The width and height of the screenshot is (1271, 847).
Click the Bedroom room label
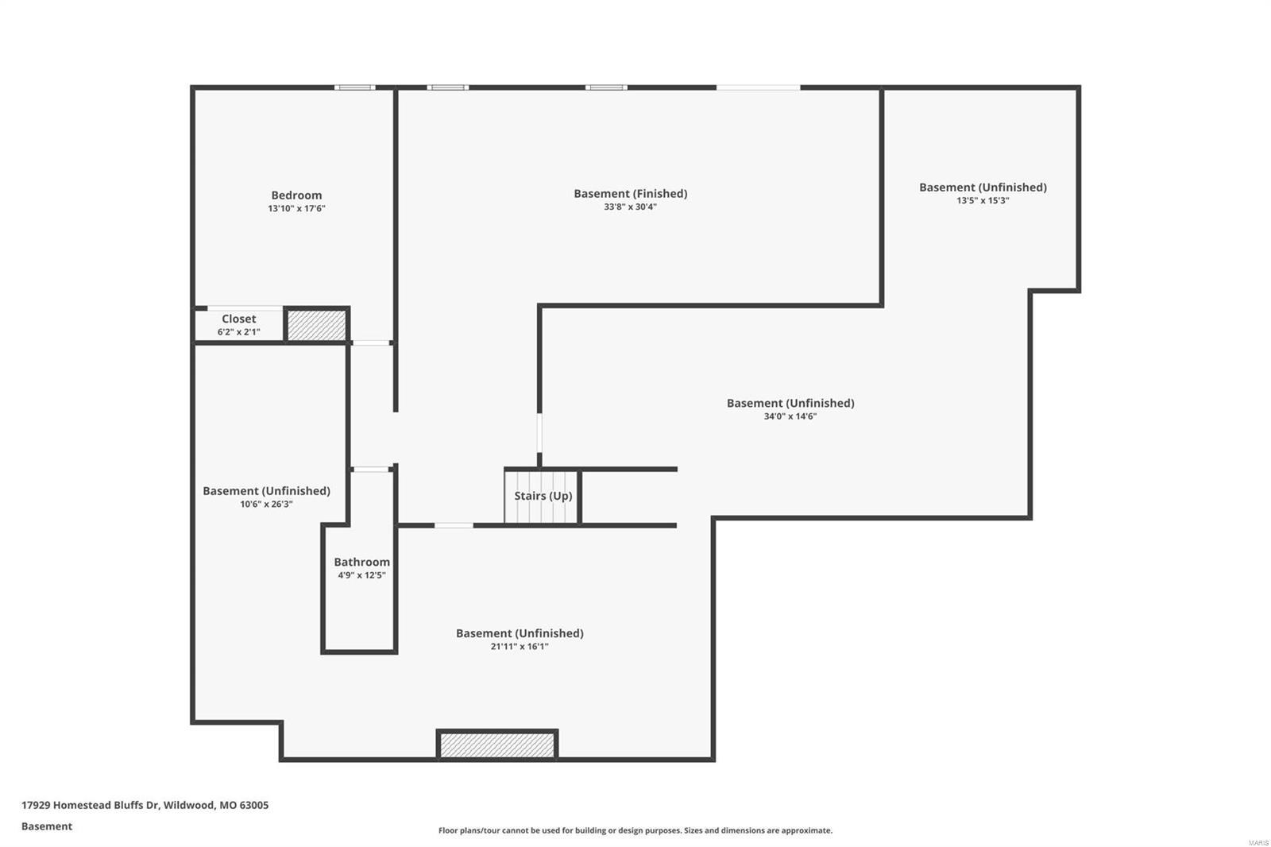pyautogui.click(x=296, y=195)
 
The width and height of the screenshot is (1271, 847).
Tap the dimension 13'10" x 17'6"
pyautogui.click(x=296, y=209)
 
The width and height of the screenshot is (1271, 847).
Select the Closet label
pyautogui.click(x=238, y=319)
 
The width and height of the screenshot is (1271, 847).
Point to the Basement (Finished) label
pyautogui.click(x=630, y=194)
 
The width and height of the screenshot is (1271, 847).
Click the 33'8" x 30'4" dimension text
pyautogui.click(x=630, y=207)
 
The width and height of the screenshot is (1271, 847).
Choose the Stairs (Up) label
pyautogui.click(x=543, y=496)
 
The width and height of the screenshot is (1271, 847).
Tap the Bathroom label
pyautogui.click(x=361, y=562)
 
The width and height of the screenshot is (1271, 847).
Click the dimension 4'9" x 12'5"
pyautogui.click(x=361, y=575)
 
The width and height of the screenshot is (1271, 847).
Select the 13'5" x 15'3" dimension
pyautogui.click(x=983, y=201)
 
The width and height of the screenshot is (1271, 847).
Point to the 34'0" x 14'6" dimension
pyautogui.click(x=790, y=416)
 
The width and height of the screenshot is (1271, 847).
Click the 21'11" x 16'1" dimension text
pyautogui.click(x=520, y=647)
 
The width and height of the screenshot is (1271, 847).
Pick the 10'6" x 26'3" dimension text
pyautogui.click(x=266, y=505)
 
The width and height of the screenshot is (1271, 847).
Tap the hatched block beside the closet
pyautogui.click(x=316, y=326)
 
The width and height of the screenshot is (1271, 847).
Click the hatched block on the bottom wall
pyautogui.click(x=497, y=745)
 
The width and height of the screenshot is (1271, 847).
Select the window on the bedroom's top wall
pyautogui.click(x=354, y=87)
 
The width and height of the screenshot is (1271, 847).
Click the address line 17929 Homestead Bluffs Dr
pyautogui.click(x=145, y=805)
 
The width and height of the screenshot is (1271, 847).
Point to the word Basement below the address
pyautogui.click(x=47, y=826)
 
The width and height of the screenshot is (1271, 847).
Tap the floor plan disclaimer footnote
pyautogui.click(x=635, y=830)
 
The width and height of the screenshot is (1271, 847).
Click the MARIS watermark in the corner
pyautogui.click(x=1257, y=841)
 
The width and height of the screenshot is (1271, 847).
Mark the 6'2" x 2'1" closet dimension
pyautogui.click(x=238, y=332)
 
